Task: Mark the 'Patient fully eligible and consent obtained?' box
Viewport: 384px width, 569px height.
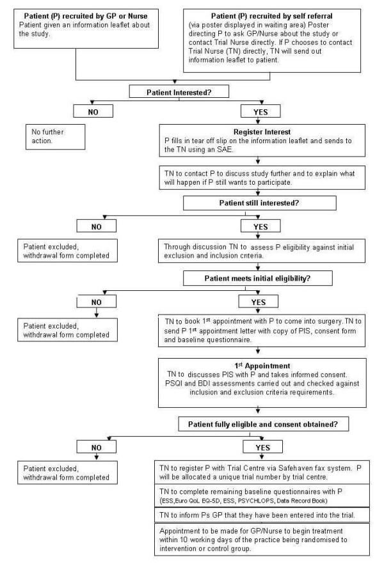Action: pos(257,425)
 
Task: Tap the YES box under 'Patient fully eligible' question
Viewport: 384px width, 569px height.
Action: pos(258,443)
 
